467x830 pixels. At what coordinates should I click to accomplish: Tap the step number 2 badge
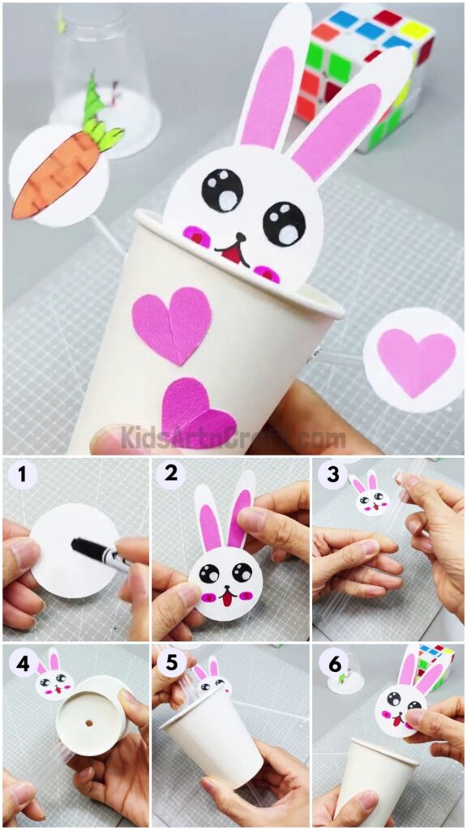pyautogui.click(x=171, y=474)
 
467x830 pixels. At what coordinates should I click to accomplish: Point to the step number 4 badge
pyautogui.click(x=22, y=664)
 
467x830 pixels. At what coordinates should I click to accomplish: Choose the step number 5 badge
pyautogui.click(x=171, y=664)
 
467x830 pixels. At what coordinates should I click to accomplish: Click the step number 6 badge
pyautogui.click(x=332, y=664)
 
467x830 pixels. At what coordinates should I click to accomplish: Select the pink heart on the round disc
pyautogui.click(x=416, y=360)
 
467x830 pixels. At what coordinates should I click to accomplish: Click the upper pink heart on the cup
pyautogui.click(x=173, y=323)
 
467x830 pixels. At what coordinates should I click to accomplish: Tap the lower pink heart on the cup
pyautogui.click(x=197, y=413)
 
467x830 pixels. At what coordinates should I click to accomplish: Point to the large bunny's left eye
pyautogui.click(x=222, y=190)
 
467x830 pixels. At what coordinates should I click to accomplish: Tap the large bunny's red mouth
pyautogui.click(x=236, y=255)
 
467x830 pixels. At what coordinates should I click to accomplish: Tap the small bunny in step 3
pyautogui.click(x=369, y=495)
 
